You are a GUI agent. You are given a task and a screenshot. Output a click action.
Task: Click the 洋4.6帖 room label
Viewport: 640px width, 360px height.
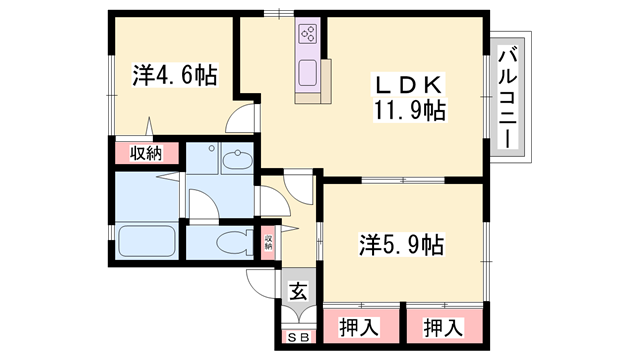175,75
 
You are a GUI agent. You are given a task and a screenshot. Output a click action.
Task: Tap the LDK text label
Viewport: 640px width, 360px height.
409,85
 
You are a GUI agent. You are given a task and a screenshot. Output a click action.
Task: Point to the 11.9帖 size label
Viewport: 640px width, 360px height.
409,110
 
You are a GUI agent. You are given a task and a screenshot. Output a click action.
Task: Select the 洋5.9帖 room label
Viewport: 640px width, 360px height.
401,245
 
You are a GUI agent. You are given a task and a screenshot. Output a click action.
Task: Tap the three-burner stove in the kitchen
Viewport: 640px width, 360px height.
308,34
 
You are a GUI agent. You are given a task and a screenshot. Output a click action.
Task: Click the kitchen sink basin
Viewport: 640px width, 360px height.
308,73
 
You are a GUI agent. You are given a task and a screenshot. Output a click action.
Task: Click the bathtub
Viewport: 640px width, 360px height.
147,241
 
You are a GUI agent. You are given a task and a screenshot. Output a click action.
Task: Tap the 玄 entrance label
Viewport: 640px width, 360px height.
298,291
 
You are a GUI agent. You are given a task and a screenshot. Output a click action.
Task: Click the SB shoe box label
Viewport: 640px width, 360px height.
299,337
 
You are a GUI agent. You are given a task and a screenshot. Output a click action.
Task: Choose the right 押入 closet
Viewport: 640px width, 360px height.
444,326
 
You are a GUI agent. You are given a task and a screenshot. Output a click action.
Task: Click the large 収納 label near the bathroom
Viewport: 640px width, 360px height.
146,153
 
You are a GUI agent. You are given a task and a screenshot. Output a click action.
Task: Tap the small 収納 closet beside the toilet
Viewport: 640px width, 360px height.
268,242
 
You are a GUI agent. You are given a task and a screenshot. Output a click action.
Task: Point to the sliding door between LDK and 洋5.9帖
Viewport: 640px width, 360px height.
403,180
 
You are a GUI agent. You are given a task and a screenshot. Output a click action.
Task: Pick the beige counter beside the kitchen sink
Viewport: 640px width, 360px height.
326,82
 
